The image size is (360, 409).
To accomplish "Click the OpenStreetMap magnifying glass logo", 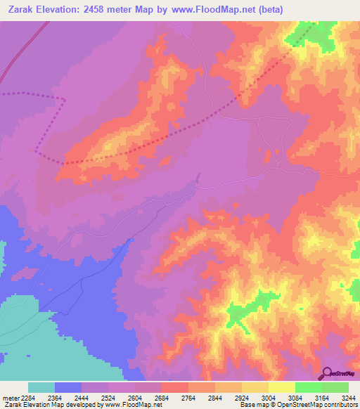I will click(327, 373).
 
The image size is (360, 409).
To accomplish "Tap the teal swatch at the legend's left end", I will click(41, 387).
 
